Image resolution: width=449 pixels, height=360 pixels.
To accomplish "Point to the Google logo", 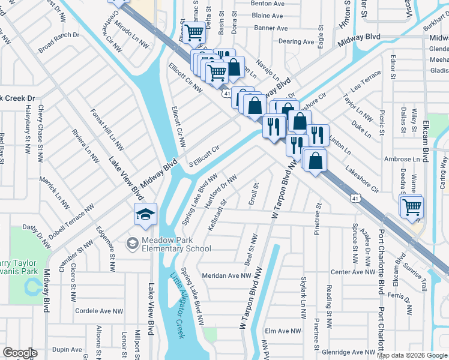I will pyautogui.click(x=20, y=353).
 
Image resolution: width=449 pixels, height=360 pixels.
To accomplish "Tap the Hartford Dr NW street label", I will pyautogui.click(x=221, y=191).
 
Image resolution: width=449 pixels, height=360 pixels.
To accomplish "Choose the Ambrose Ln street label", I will pyautogui.click(x=402, y=159).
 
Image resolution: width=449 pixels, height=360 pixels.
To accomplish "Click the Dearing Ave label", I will pyautogui.click(x=297, y=42).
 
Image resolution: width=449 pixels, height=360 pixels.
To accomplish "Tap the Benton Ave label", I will pyautogui.click(x=267, y=4).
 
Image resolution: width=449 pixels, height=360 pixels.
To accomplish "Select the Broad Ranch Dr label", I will pyautogui.click(x=59, y=42).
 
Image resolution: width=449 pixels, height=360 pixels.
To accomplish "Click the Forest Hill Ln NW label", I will pyautogui.click(x=107, y=129).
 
